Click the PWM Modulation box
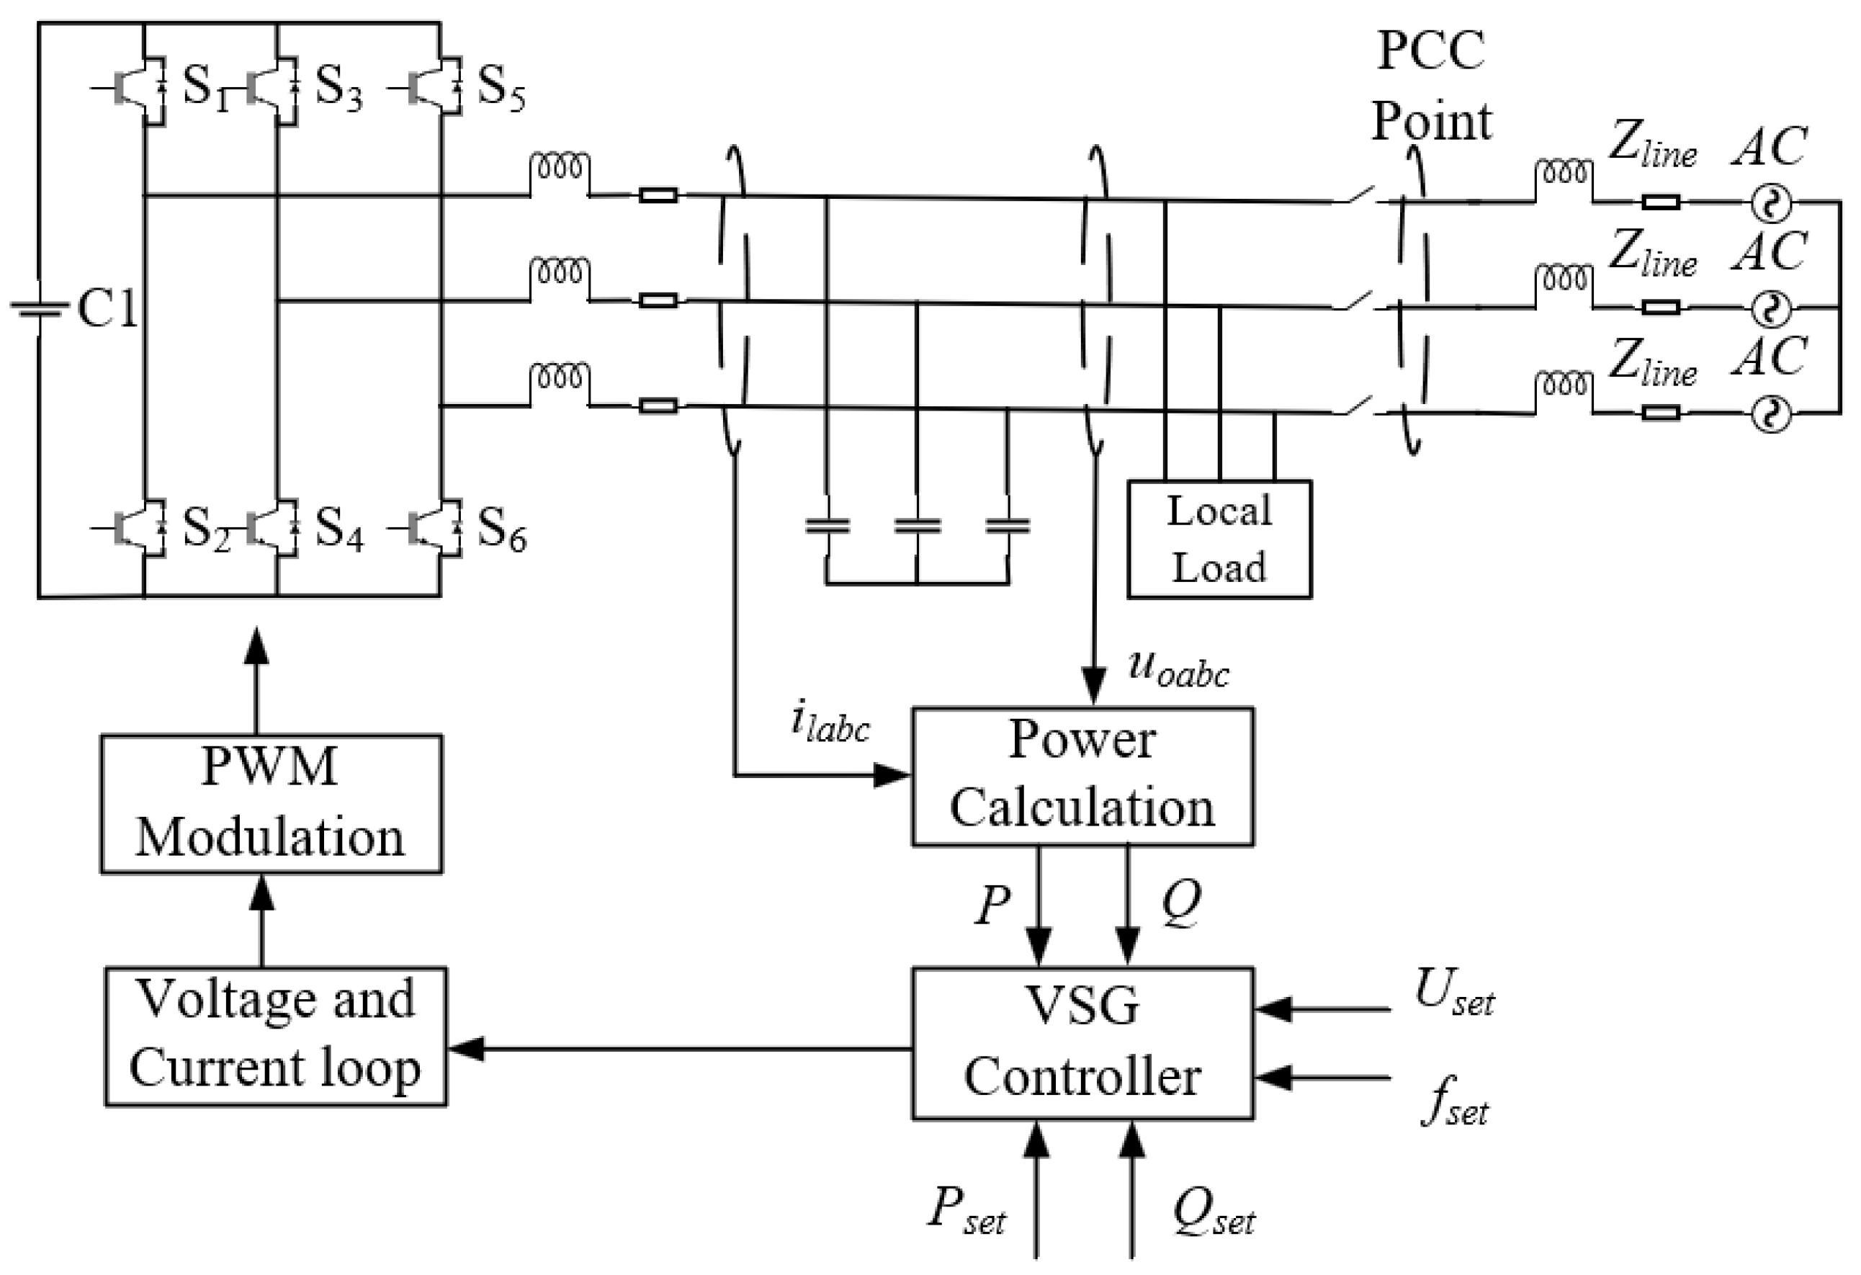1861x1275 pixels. point(271,803)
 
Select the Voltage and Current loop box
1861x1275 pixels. point(275,1037)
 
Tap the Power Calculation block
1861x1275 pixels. point(1082,775)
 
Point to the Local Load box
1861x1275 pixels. point(1219,539)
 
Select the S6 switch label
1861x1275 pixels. point(501,530)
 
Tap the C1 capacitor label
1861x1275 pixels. point(107,309)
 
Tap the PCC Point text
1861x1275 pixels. point(1431,86)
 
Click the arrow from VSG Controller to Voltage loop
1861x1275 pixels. point(681,1048)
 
